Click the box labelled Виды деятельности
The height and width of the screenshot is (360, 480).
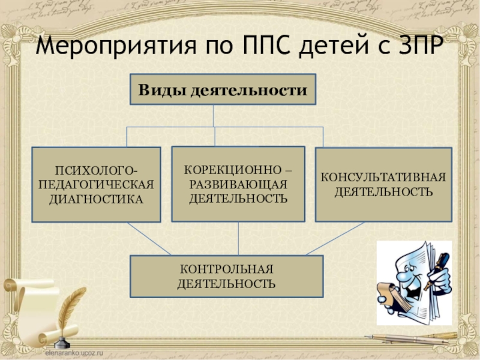[x=223, y=89]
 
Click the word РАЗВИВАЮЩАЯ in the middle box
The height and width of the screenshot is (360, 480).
[x=238, y=184]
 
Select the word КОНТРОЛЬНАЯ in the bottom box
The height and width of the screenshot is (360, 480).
[x=227, y=269]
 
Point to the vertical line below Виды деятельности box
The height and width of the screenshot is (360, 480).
[x=215, y=116]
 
